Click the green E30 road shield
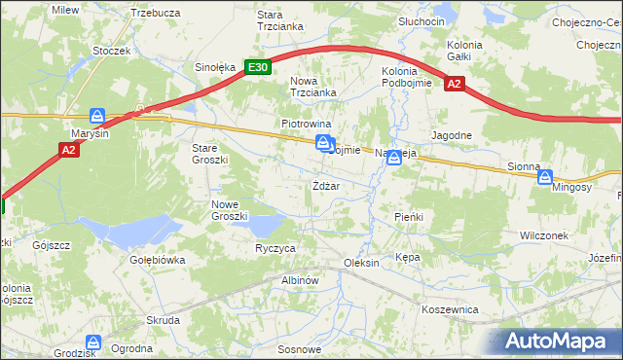(x=257, y=67)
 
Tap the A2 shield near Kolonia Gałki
(x=454, y=85)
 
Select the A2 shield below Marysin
(x=68, y=150)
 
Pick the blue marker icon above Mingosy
(x=545, y=177)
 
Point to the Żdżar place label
(x=325, y=186)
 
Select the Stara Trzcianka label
(x=276, y=21)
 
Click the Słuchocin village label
(x=421, y=21)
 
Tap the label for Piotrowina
(x=307, y=125)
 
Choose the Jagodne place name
(x=452, y=135)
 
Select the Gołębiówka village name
(x=157, y=260)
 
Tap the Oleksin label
(x=360, y=264)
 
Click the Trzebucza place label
(x=155, y=13)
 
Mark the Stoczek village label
(x=111, y=50)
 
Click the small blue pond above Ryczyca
(x=263, y=226)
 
